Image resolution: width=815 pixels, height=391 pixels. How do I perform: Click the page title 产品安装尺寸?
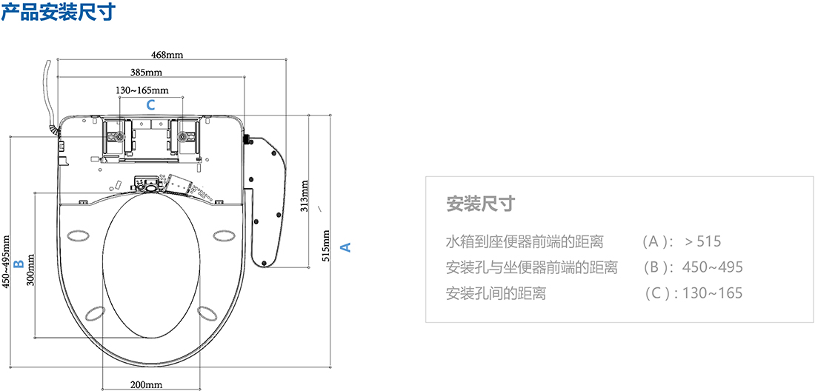(58, 13)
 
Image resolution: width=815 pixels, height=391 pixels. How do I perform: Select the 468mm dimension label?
(167, 54)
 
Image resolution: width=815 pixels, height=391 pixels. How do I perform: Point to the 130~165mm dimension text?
(142, 90)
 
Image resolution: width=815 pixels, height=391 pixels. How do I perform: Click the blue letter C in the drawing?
(150, 104)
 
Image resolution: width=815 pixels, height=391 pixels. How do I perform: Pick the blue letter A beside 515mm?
(345, 247)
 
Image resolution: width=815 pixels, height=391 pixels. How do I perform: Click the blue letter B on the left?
(20, 263)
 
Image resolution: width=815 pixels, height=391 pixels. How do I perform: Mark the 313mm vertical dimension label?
(304, 195)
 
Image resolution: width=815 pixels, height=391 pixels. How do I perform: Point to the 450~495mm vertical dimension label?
(7, 262)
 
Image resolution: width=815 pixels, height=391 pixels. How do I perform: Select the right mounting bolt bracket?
(184, 137)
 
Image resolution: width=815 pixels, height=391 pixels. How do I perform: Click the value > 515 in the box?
(702, 241)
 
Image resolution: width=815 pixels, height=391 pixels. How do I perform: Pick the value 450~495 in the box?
(713, 267)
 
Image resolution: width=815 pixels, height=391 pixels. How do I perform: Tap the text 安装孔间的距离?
(496, 293)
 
